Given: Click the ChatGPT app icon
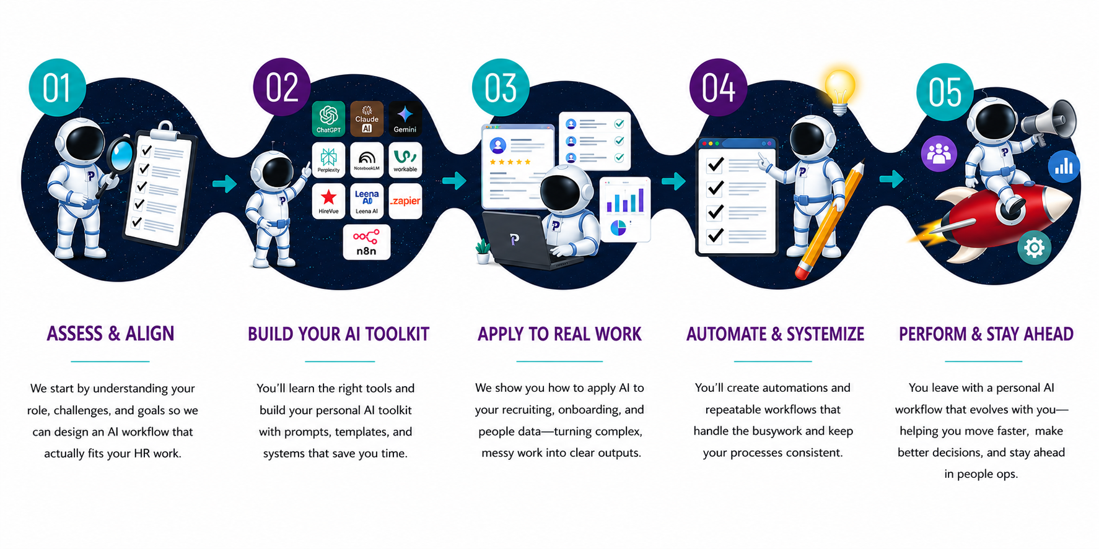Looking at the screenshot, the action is (328, 118).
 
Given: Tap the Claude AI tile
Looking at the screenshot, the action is (367, 118).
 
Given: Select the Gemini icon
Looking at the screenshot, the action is (405, 118).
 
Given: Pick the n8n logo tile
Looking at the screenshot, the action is (366, 242).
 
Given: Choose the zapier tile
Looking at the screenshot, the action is (405, 201).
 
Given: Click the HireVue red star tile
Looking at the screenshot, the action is (328, 201).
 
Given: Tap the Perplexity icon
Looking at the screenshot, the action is (328, 160).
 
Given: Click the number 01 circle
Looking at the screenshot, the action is (57, 87).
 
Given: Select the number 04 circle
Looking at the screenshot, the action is (718, 87).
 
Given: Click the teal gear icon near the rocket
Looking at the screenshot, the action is (1034, 248).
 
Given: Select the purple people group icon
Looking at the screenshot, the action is (939, 153).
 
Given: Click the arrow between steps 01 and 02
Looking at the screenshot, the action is (224, 184).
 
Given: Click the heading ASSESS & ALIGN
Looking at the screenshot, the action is (110, 334).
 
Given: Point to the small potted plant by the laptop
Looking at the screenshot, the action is (483, 252).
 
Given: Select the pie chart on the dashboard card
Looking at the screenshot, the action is (618, 228).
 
